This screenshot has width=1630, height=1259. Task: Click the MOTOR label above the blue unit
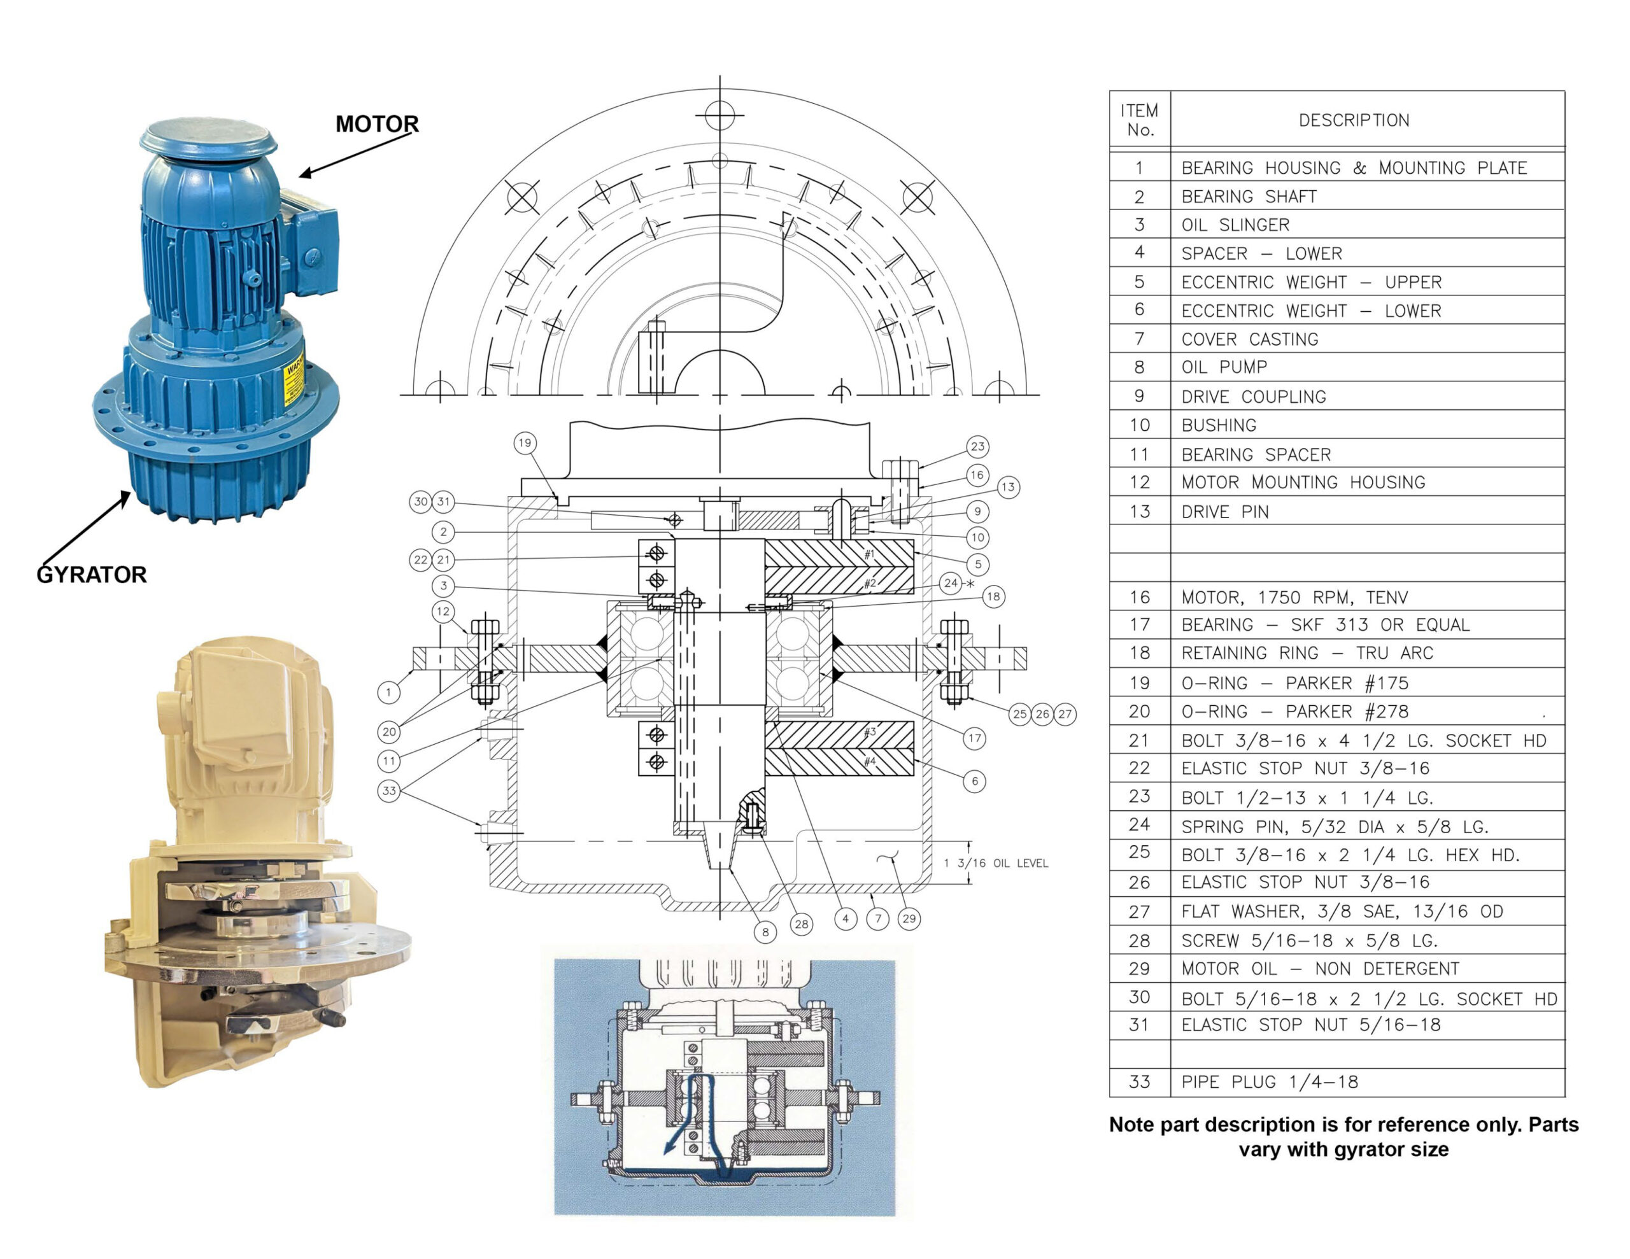[x=377, y=124]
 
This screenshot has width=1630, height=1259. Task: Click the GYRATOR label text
[x=92, y=575]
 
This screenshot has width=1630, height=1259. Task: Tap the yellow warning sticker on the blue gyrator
[x=294, y=380]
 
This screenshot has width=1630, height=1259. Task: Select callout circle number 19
[x=525, y=442]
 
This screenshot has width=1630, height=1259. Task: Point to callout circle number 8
[x=765, y=932]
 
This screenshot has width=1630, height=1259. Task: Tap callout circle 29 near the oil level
[x=909, y=918]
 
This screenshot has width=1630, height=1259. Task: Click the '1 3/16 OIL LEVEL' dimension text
[x=996, y=864]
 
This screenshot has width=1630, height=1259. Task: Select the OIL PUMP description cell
[x=1224, y=367]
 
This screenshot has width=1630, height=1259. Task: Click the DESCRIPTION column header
[x=1354, y=120]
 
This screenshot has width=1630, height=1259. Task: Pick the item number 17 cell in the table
[x=1139, y=624]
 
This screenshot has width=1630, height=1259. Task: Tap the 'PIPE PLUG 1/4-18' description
[x=1269, y=1081]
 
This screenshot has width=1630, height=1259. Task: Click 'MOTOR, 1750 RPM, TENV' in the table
[x=1294, y=597]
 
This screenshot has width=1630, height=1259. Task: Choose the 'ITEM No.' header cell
[x=1139, y=120]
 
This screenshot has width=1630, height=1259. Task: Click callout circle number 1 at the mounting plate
[x=388, y=692]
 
